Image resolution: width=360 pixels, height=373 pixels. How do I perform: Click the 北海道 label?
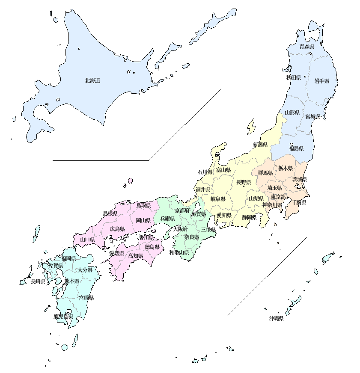(x=92, y=80)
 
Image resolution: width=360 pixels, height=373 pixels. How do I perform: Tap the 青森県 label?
(x=306, y=47)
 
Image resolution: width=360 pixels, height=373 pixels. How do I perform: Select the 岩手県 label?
(x=321, y=81)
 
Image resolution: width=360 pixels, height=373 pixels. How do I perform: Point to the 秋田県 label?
(x=294, y=78)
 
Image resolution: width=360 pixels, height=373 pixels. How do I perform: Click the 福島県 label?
(x=296, y=149)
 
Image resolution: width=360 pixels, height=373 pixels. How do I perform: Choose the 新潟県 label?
(x=260, y=145)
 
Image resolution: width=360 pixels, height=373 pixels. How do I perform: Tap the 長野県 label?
(x=244, y=182)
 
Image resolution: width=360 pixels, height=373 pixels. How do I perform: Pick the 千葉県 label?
(x=299, y=203)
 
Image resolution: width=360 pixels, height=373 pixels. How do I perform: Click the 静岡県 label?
(x=249, y=217)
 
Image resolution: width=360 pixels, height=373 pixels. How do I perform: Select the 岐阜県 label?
(x=218, y=199)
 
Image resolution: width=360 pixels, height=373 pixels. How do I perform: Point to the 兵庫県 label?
(x=167, y=219)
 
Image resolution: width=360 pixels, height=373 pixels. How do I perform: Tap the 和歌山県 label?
(x=179, y=252)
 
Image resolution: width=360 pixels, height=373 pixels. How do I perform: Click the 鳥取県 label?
(x=143, y=205)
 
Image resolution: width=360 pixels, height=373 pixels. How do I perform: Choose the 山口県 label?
(x=87, y=240)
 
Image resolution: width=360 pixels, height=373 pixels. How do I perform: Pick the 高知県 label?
(x=136, y=256)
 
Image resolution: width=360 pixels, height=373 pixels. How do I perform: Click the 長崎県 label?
(x=38, y=281)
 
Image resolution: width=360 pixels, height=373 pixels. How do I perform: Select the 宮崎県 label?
(x=86, y=298)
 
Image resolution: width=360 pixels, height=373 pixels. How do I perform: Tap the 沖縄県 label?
(x=276, y=318)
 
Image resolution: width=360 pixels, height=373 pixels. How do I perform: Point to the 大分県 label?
(x=85, y=270)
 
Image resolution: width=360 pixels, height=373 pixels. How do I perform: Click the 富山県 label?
(x=223, y=170)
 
